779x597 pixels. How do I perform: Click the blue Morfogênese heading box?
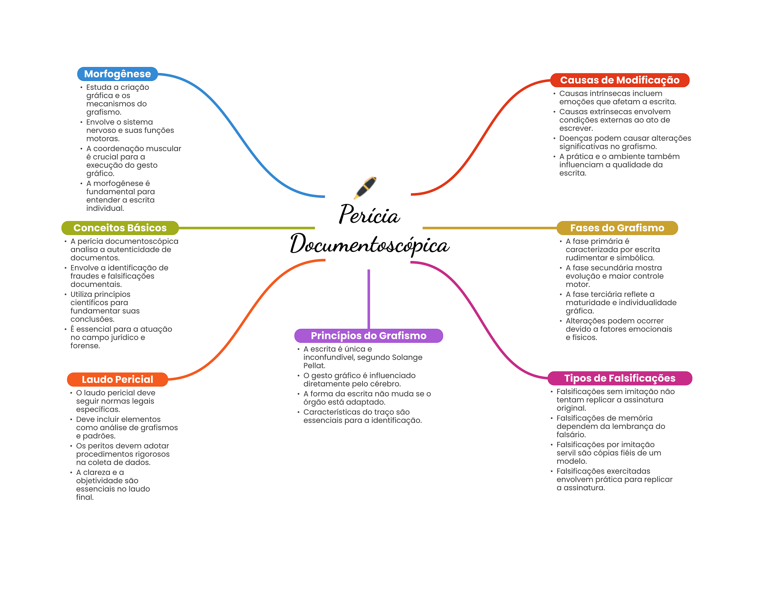tap(117, 74)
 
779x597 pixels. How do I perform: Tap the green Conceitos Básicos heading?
tap(120, 228)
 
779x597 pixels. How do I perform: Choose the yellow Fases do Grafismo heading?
tap(617, 228)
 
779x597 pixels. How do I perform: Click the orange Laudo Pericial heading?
tap(117, 379)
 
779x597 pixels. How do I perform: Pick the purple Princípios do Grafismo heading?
tap(368, 336)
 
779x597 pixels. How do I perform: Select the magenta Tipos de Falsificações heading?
tap(619, 378)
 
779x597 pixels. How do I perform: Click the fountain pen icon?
tap(365, 187)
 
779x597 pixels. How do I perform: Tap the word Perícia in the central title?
tap(369, 215)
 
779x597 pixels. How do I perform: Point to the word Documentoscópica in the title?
tap(369, 244)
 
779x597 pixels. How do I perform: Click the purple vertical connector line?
tap(369, 299)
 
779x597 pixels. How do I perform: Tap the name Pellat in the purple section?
tap(314, 366)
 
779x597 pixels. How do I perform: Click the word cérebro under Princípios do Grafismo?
tap(385, 384)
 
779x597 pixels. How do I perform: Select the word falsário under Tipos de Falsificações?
tap(571, 435)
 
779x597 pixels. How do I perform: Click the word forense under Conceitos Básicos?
tap(85, 346)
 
